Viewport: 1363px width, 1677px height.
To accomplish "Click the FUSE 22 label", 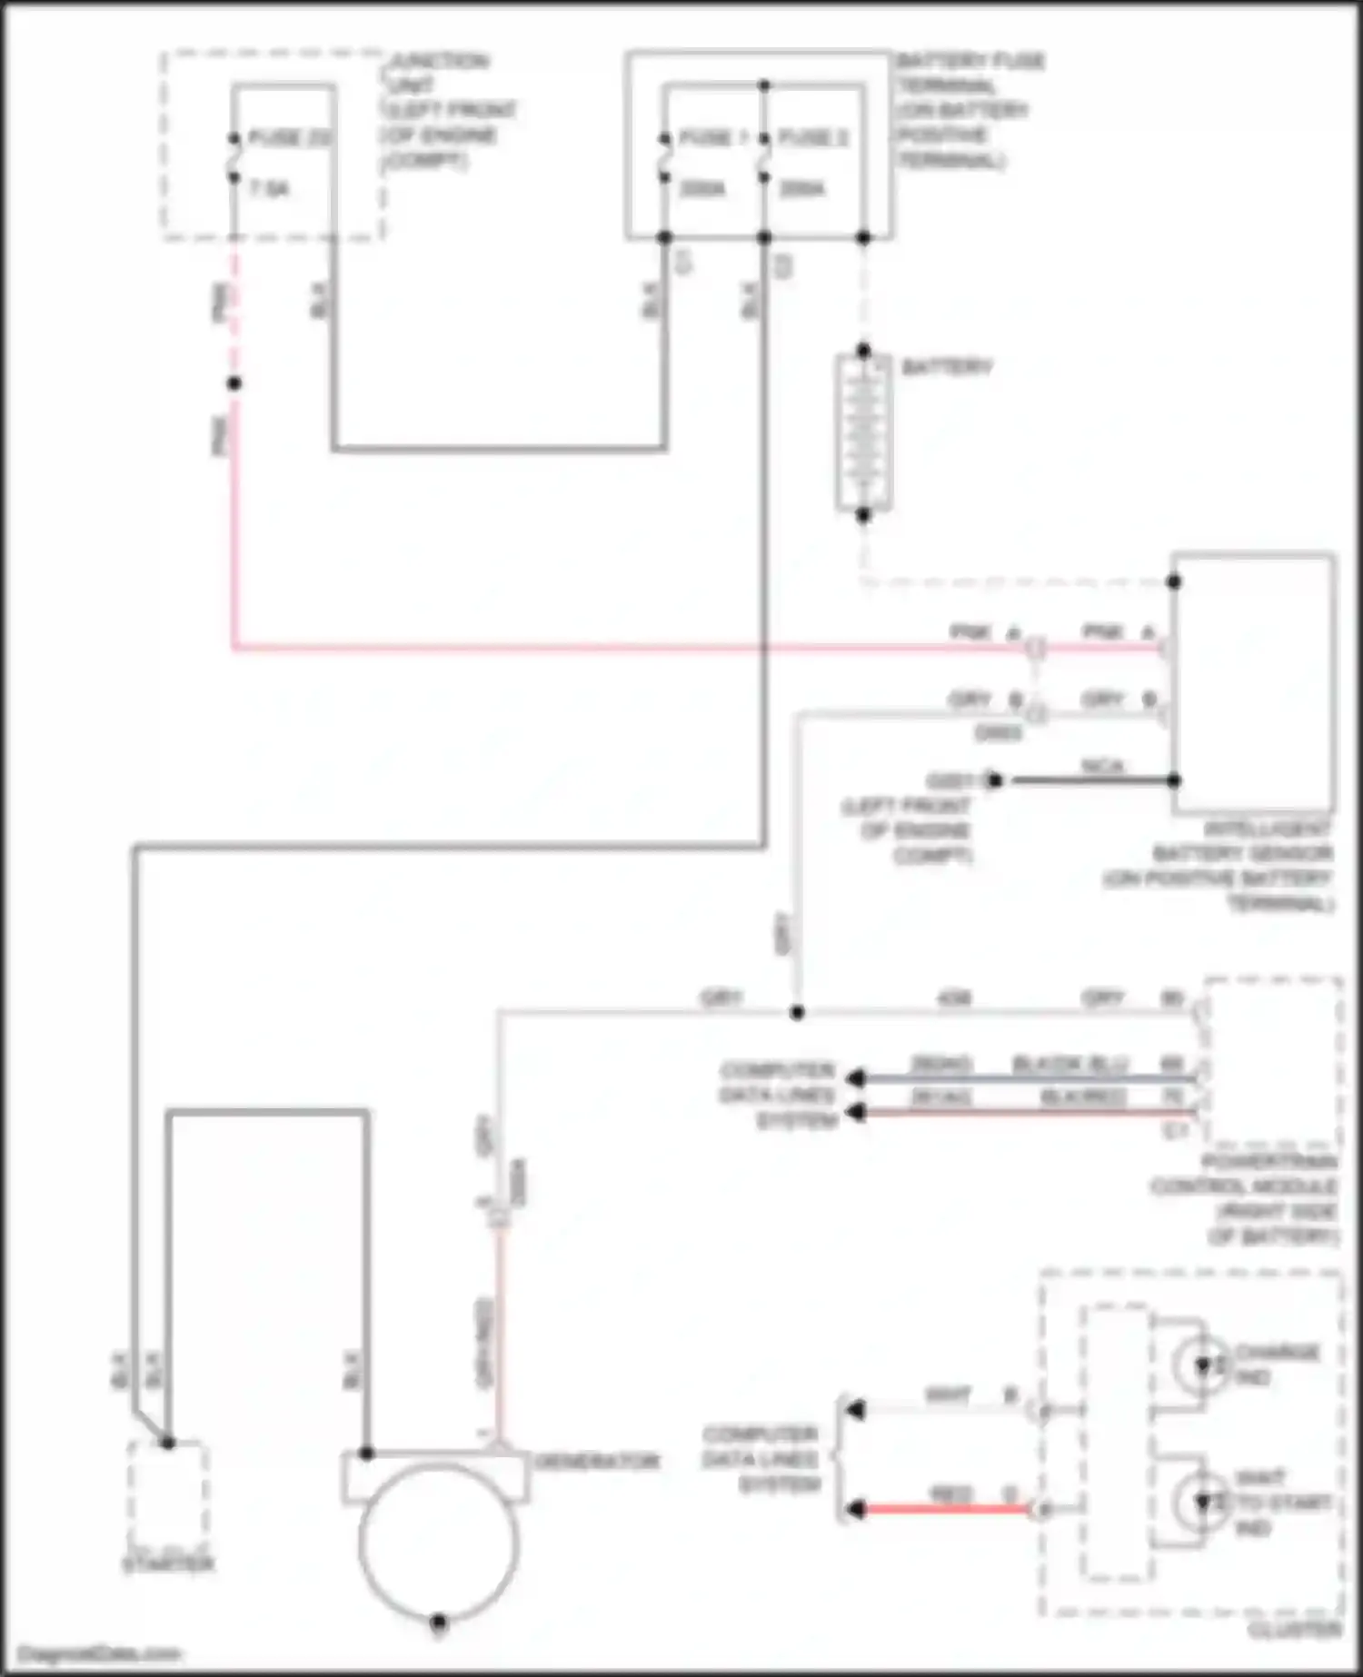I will point(289,139).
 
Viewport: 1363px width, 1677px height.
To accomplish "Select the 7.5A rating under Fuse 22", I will point(268,190).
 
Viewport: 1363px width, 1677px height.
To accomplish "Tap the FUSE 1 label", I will point(713,138).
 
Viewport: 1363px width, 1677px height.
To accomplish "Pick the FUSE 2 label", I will point(812,138).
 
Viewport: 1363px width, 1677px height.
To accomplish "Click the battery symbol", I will point(862,433).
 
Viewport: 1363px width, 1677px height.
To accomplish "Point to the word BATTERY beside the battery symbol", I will point(946,367).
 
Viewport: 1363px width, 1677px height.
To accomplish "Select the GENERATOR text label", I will point(597,1461).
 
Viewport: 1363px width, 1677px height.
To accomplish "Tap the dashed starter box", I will point(168,1493).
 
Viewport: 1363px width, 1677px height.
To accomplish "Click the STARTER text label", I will point(169,1564).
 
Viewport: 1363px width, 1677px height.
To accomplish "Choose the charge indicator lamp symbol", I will point(1201,1365).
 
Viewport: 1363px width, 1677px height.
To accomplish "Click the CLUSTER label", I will point(1294,1630).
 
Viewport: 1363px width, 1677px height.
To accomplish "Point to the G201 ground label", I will point(950,780).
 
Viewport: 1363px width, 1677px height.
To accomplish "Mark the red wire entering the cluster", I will point(945,1510).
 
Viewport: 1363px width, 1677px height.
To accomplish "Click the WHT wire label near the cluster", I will point(948,1394).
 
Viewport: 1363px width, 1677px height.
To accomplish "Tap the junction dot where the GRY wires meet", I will point(797,1012).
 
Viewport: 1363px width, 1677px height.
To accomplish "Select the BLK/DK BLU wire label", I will point(1070,1064).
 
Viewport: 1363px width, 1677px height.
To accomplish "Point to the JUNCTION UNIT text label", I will point(440,74).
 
